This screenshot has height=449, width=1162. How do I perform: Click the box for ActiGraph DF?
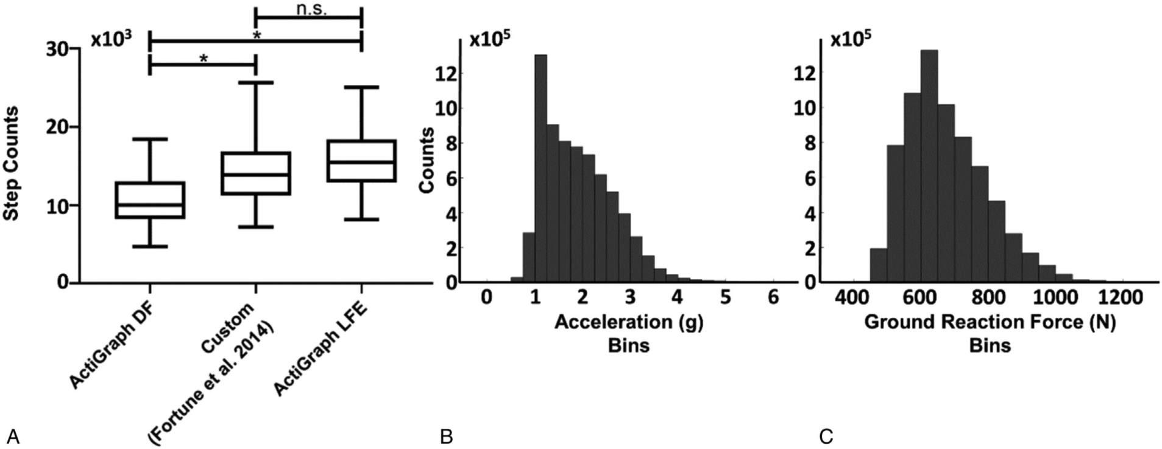(x=149, y=200)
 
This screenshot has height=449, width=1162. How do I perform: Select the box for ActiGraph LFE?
(x=361, y=160)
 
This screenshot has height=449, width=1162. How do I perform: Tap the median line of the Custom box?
(x=255, y=174)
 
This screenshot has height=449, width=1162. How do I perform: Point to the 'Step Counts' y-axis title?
(x=10, y=163)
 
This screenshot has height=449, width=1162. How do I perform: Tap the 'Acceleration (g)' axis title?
(x=628, y=321)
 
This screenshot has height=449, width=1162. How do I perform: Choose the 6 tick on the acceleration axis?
(x=773, y=298)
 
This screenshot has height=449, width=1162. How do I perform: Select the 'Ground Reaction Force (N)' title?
(x=990, y=321)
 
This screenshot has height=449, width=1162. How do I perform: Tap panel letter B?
(x=446, y=437)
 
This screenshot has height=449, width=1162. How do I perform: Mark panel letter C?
(x=826, y=437)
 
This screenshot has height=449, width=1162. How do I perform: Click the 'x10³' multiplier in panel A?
(x=112, y=39)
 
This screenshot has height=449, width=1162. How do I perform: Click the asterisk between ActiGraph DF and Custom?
(x=203, y=59)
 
